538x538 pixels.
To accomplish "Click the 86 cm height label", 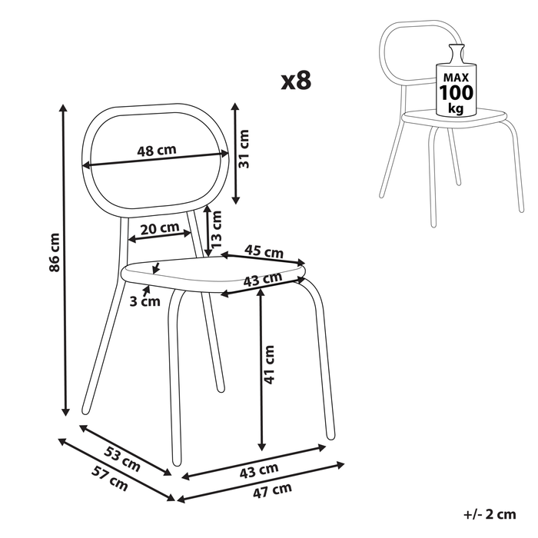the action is [55, 252].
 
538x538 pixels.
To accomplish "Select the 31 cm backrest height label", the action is [244, 148].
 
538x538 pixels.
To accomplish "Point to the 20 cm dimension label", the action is [160, 228].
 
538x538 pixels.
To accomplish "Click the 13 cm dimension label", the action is [216, 229].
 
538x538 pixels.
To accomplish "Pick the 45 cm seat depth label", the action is [264, 251].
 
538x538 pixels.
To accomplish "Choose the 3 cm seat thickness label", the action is [144, 301].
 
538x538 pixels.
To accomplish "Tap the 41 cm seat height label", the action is [269, 364].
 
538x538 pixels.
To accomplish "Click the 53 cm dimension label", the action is [122, 459].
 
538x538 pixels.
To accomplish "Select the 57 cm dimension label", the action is [110, 478].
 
